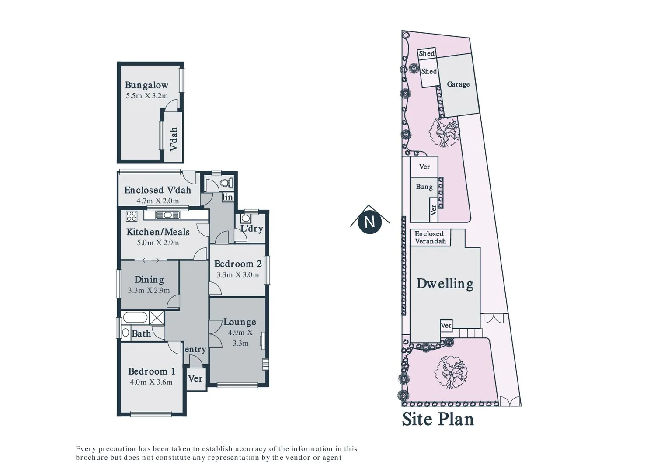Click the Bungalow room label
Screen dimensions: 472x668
tap(146, 85)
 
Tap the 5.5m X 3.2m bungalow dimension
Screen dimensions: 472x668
tap(147, 96)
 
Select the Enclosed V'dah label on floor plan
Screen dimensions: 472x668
tap(157, 190)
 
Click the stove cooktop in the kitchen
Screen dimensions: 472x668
tap(132, 216)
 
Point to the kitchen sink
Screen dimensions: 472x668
tap(168, 215)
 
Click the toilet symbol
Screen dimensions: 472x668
tap(226, 183)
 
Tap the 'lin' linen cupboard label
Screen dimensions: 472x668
tap(227, 198)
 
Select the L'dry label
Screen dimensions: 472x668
tap(252, 229)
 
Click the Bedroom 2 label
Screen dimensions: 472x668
tap(238, 264)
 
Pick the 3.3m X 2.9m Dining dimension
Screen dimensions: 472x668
tap(149, 290)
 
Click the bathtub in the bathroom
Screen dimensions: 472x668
tap(135, 317)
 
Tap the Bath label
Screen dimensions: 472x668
tap(141, 334)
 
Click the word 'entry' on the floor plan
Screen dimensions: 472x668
tap(195, 349)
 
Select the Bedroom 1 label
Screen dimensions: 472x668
tap(151, 371)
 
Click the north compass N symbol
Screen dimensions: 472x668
tap(369, 222)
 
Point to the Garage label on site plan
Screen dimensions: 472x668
tap(458, 84)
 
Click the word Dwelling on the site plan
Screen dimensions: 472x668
tap(445, 284)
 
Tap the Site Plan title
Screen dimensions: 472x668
tap(438, 419)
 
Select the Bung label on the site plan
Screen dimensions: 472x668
tap(424, 187)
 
